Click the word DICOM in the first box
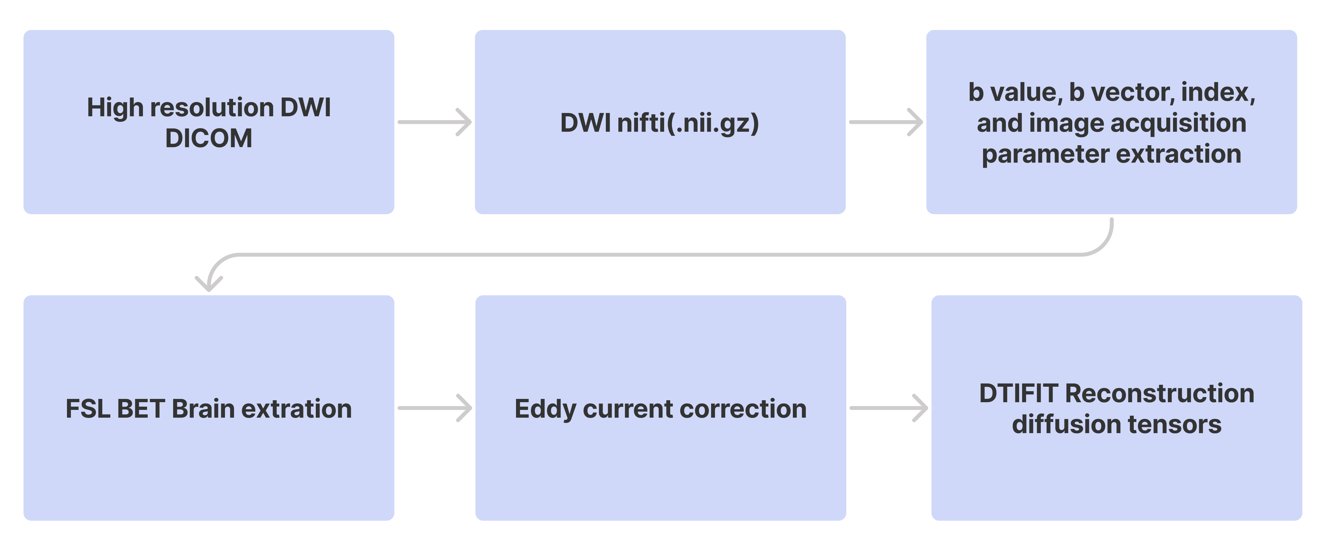[209, 138]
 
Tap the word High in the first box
[115, 108]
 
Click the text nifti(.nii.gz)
[688, 123]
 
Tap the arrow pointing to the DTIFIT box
[889, 408]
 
